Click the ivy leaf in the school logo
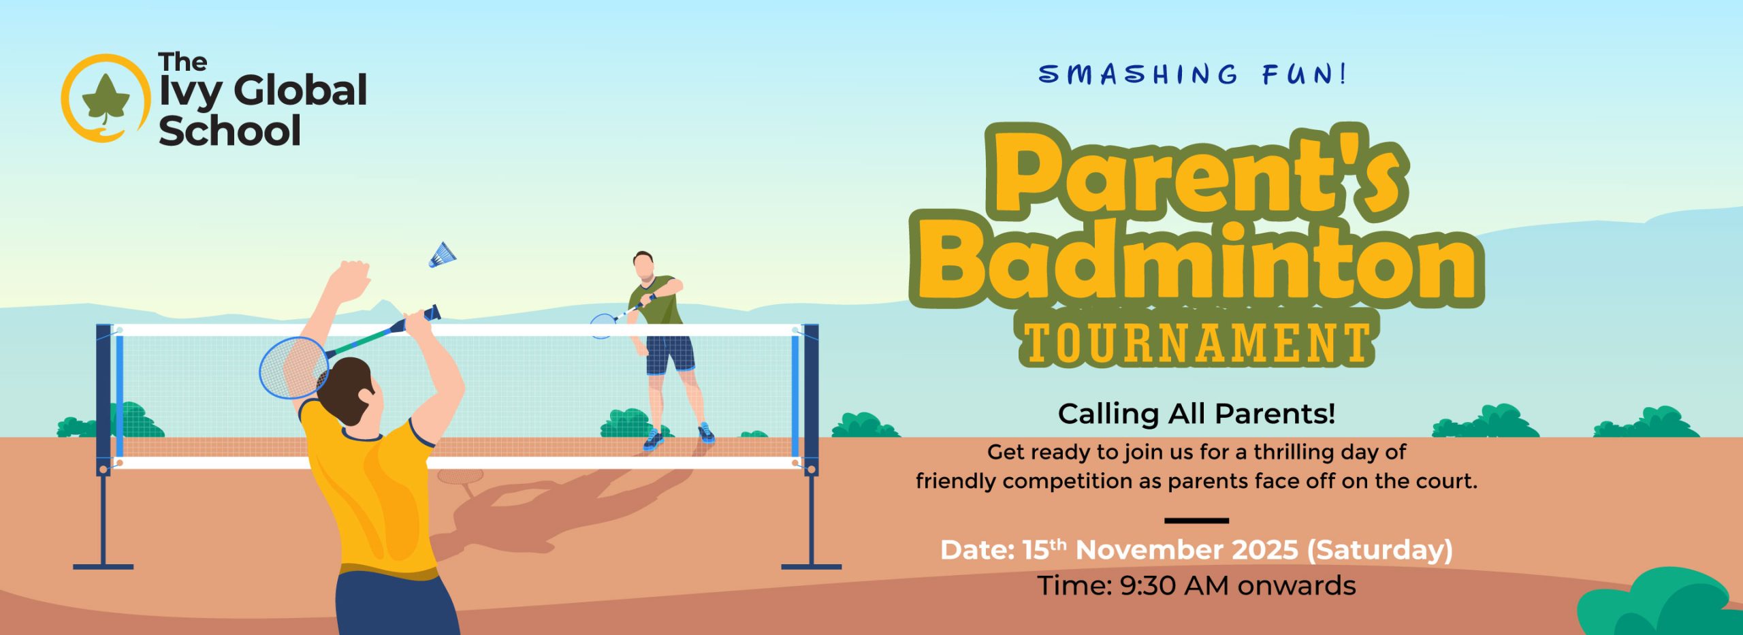(x=106, y=99)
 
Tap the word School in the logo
(x=229, y=131)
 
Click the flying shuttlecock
(x=442, y=255)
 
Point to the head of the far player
(x=643, y=265)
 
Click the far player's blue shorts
(x=670, y=355)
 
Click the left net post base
(x=103, y=566)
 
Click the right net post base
(x=811, y=566)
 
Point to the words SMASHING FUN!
(x=1192, y=74)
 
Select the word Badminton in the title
(x=1196, y=262)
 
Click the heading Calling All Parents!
(x=1196, y=413)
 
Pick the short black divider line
(x=1196, y=521)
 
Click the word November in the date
(x=1187, y=550)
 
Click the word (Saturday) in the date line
(x=1379, y=550)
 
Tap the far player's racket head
(x=602, y=325)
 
